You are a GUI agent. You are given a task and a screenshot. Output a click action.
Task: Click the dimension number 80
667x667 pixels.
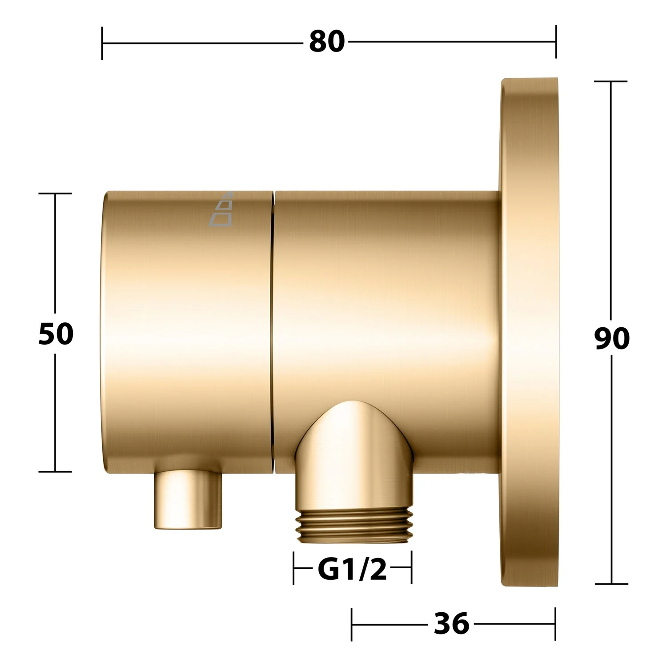coord(327,42)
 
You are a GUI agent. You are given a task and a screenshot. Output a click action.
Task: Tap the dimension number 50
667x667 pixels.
coord(56,334)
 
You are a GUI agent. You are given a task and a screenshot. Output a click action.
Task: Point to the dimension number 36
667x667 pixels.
coord(451,623)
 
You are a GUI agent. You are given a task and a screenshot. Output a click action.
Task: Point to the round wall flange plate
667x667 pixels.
coord(529,333)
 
